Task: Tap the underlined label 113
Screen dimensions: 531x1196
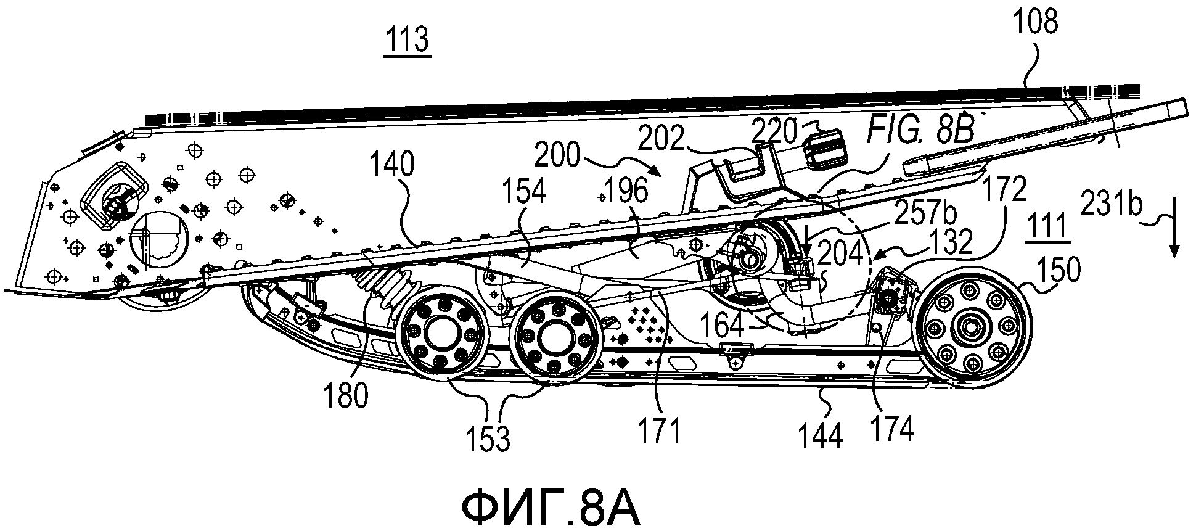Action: click(408, 41)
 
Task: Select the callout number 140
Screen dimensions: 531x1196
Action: click(391, 167)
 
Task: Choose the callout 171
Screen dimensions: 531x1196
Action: click(660, 430)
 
